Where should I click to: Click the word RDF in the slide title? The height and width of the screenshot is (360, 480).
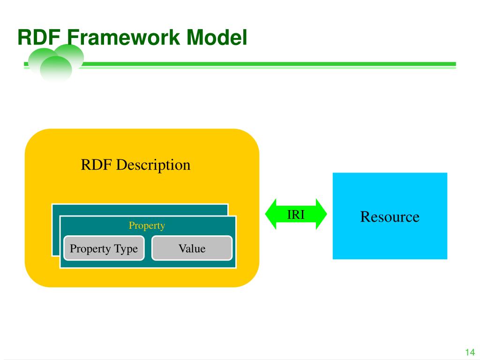[39, 37]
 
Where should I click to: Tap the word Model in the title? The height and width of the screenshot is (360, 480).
[217, 37]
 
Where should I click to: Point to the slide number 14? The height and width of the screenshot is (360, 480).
[470, 352]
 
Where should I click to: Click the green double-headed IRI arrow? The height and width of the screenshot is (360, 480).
[296, 214]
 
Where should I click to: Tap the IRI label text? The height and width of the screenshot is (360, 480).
[296, 215]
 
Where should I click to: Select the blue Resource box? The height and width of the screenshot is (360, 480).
[390, 216]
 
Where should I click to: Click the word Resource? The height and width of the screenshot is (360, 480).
[390, 217]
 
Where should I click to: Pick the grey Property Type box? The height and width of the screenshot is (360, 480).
[104, 248]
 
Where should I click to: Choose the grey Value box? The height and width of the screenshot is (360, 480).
[192, 248]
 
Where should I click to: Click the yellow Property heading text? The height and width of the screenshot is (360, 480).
[147, 225]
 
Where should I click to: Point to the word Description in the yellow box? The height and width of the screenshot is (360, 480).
[153, 165]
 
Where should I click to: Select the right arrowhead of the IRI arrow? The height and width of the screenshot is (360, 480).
[321, 214]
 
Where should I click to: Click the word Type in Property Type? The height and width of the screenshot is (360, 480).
[126, 249]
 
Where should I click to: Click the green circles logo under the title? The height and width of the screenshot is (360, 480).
[56, 63]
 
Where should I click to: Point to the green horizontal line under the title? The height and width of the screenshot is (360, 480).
[268, 64]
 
